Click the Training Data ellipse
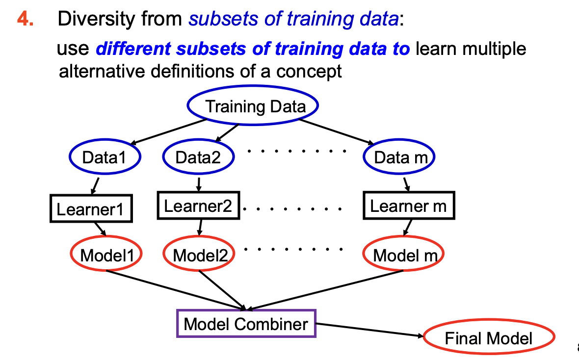[253, 106]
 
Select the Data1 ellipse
[105, 157]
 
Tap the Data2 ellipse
[198, 157]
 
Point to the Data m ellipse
[399, 157]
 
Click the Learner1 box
[92, 209]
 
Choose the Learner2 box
[198, 206]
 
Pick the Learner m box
[408, 206]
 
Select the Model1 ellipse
[105, 255]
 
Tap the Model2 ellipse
[199, 255]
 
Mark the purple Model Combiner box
[246, 324]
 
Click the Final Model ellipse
[488, 338]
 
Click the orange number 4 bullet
[25, 19]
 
